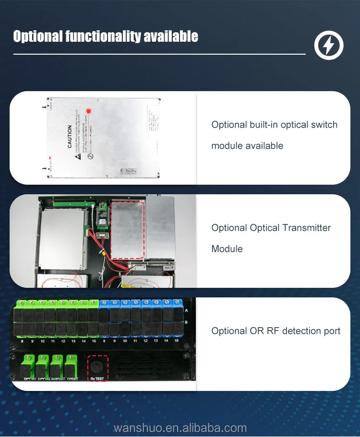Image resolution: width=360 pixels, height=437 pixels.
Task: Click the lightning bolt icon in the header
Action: pos(329,46)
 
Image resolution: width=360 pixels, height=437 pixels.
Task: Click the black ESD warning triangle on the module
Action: pos(76,157)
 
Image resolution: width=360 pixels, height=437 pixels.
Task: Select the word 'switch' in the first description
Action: pos(324,125)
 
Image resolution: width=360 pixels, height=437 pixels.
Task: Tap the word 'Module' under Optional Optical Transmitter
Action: pos(227,249)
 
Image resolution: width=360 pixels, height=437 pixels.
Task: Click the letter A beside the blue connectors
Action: pos(186,311)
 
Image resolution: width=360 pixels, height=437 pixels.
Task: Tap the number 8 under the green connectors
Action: pos(22,341)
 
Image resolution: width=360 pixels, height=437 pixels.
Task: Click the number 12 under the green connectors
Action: pos(63,341)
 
